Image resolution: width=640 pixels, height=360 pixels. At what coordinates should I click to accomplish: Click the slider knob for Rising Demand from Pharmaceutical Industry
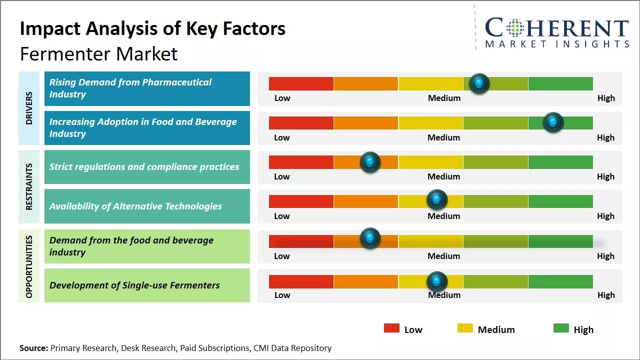click(479, 83)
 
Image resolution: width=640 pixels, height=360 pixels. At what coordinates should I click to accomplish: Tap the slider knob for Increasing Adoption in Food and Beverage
click(553, 122)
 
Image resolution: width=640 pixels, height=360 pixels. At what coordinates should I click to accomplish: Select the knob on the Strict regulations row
click(370, 162)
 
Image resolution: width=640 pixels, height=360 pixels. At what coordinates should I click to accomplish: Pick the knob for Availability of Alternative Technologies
click(437, 200)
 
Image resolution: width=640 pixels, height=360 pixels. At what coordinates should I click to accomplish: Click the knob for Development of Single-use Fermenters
click(437, 281)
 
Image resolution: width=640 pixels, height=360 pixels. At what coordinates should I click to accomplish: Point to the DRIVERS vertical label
click(29, 108)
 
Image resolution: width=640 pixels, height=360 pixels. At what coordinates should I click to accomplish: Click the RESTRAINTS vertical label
click(29, 186)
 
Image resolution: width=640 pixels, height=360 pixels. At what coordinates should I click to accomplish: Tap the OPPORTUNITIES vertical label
click(29, 266)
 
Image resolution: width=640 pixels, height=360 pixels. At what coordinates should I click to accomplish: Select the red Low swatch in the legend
click(391, 328)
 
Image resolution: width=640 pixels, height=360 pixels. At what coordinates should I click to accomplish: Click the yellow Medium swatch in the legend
click(465, 328)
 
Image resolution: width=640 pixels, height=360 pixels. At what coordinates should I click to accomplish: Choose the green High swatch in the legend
click(561, 328)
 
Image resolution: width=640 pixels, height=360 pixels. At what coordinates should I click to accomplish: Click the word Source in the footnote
click(33, 348)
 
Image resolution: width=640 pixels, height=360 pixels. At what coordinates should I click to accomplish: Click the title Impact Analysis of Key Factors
click(152, 29)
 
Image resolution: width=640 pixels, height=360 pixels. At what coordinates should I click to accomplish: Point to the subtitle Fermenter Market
click(98, 53)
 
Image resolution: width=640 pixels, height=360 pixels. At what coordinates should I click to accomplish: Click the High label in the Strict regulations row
click(605, 176)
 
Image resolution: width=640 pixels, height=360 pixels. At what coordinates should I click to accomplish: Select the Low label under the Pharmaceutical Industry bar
click(282, 98)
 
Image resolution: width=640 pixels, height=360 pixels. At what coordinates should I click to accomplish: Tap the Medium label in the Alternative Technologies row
click(443, 216)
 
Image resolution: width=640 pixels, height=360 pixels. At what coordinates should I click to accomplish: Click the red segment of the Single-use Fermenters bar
click(301, 281)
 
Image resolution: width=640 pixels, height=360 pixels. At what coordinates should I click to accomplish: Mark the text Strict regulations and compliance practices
click(144, 167)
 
